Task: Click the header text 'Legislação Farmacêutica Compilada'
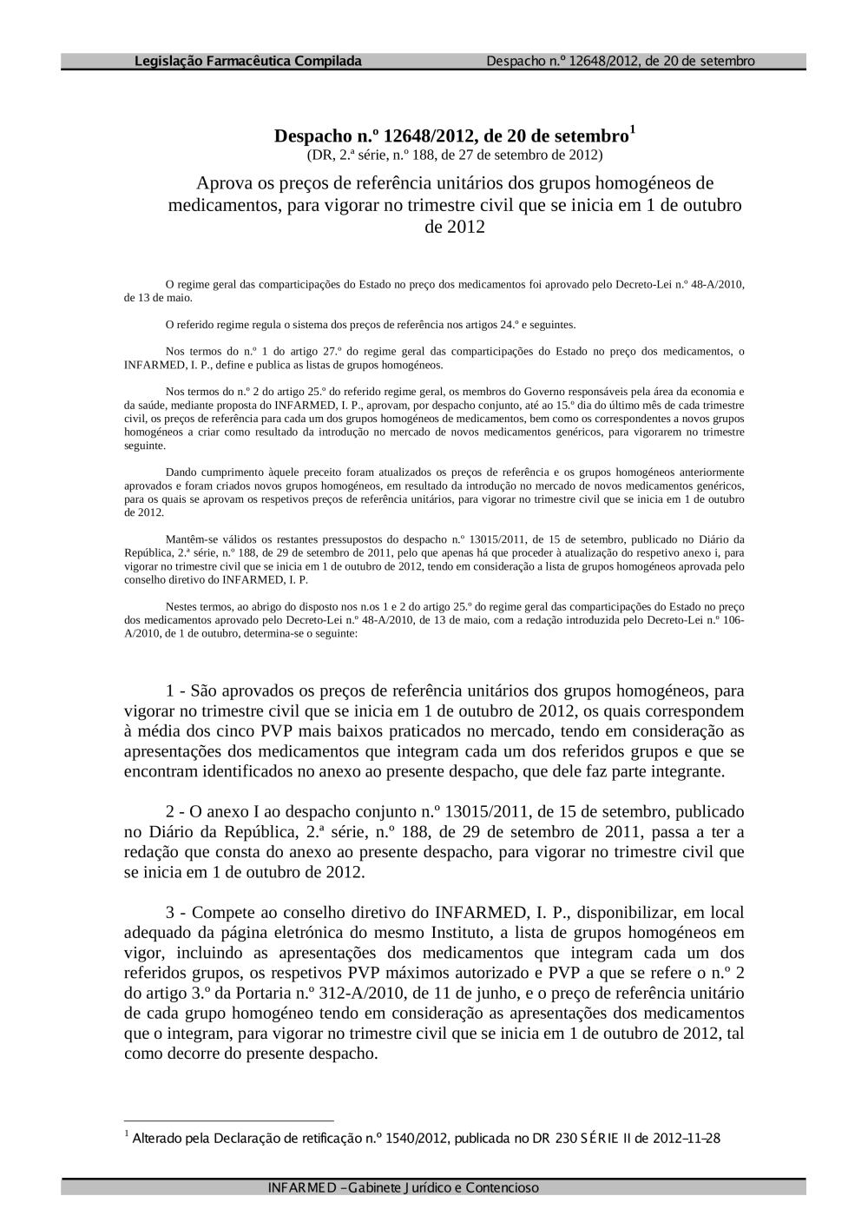click(248, 61)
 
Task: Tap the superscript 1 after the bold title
click(633, 130)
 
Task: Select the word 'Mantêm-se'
click(188, 539)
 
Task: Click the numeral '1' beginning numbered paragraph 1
click(170, 691)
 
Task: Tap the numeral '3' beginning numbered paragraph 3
click(170, 913)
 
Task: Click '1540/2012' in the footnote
click(418, 1138)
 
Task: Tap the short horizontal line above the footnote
click(229, 1120)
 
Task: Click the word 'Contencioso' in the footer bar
click(503, 1187)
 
